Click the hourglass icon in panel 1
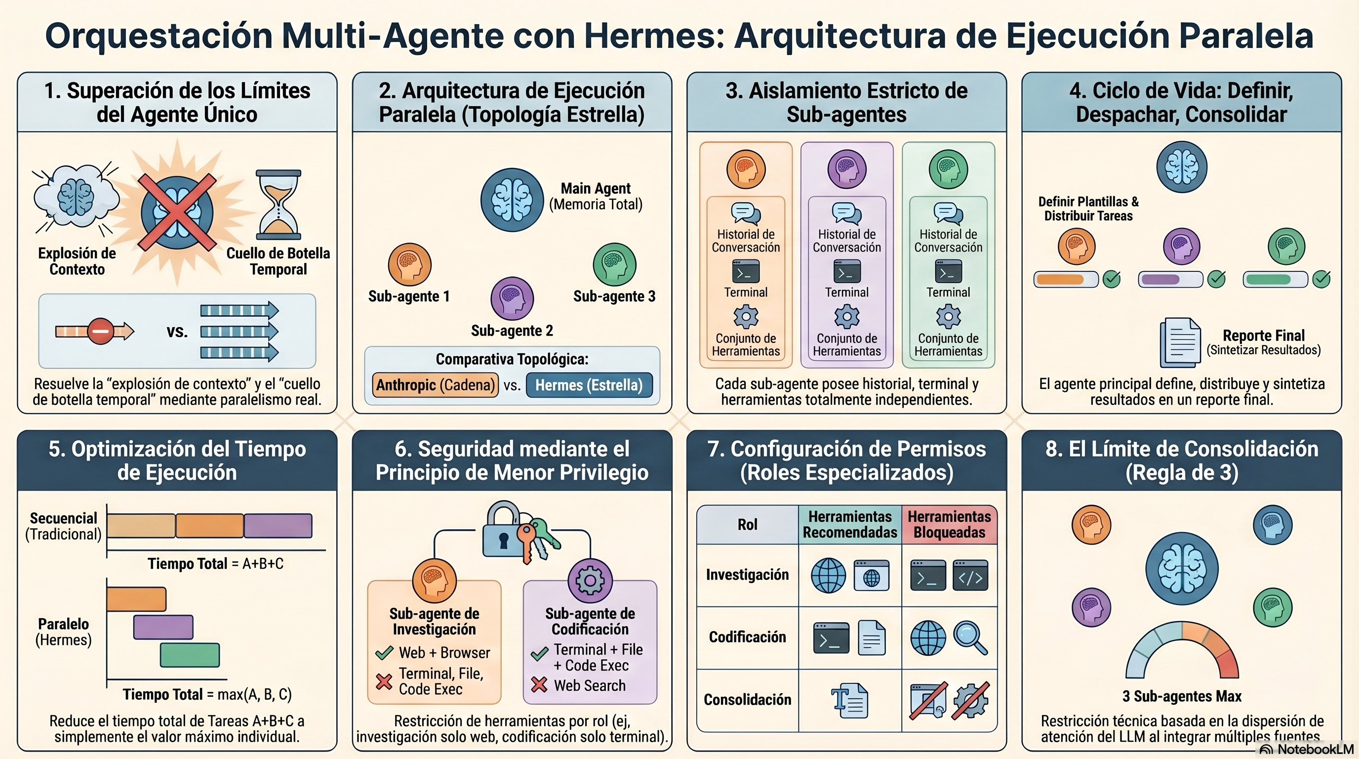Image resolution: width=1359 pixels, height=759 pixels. [x=278, y=205]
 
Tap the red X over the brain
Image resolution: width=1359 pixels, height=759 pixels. [x=177, y=212]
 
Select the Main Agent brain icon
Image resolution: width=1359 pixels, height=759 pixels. [x=512, y=200]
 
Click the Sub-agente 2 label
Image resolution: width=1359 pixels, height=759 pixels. [x=512, y=331]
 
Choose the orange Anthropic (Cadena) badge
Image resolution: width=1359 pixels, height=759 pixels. [x=435, y=385]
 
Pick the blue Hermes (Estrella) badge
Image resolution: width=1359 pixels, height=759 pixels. [x=589, y=385]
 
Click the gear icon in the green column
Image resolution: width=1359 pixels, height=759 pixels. [x=948, y=317]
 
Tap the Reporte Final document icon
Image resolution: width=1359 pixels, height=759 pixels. [x=1180, y=342]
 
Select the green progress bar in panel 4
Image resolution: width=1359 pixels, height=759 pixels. [x=1275, y=279]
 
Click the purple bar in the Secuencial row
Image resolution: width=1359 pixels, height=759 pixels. [x=278, y=526]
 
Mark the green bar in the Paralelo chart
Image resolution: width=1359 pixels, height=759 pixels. [x=190, y=655]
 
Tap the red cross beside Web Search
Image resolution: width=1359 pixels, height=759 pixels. [x=539, y=685]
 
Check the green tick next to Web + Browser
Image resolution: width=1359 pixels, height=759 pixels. [x=384, y=653]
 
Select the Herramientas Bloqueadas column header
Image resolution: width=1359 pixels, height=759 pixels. [x=949, y=524]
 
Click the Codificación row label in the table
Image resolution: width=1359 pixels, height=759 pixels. [x=747, y=637]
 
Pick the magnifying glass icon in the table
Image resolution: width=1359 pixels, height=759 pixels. [x=971, y=638]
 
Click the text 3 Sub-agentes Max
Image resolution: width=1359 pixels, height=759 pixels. [x=1182, y=696]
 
